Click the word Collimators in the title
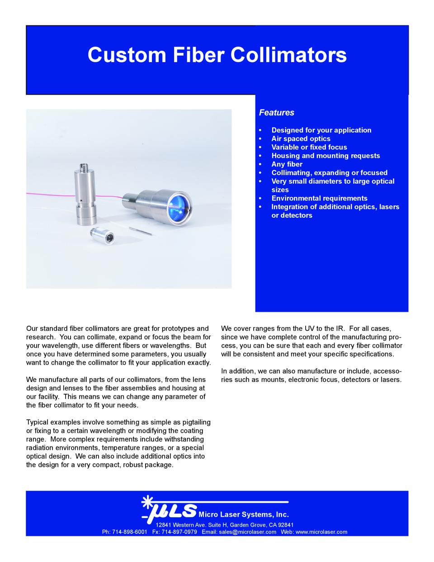[x=289, y=55]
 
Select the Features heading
[x=276, y=113]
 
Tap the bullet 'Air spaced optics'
[x=301, y=138]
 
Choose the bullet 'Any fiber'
[x=287, y=164]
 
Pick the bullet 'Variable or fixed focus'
[x=309, y=147]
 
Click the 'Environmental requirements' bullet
[x=319, y=198]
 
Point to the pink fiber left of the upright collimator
[x=45, y=194]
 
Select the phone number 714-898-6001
[x=130, y=532]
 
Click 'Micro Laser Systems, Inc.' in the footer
[x=244, y=514]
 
